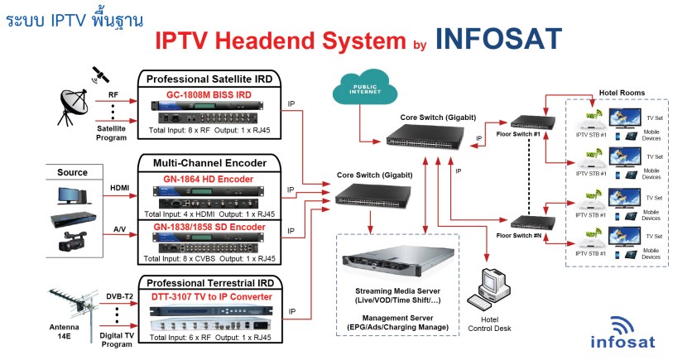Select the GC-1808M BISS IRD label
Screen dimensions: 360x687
208,94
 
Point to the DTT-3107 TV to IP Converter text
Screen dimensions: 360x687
210,297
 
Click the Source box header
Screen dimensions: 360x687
72,172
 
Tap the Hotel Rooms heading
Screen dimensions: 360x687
621,92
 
